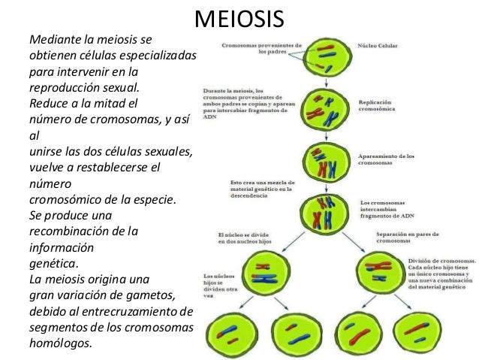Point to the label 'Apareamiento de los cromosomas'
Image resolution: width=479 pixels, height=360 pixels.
387,159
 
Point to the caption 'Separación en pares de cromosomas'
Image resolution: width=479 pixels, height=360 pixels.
409,239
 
